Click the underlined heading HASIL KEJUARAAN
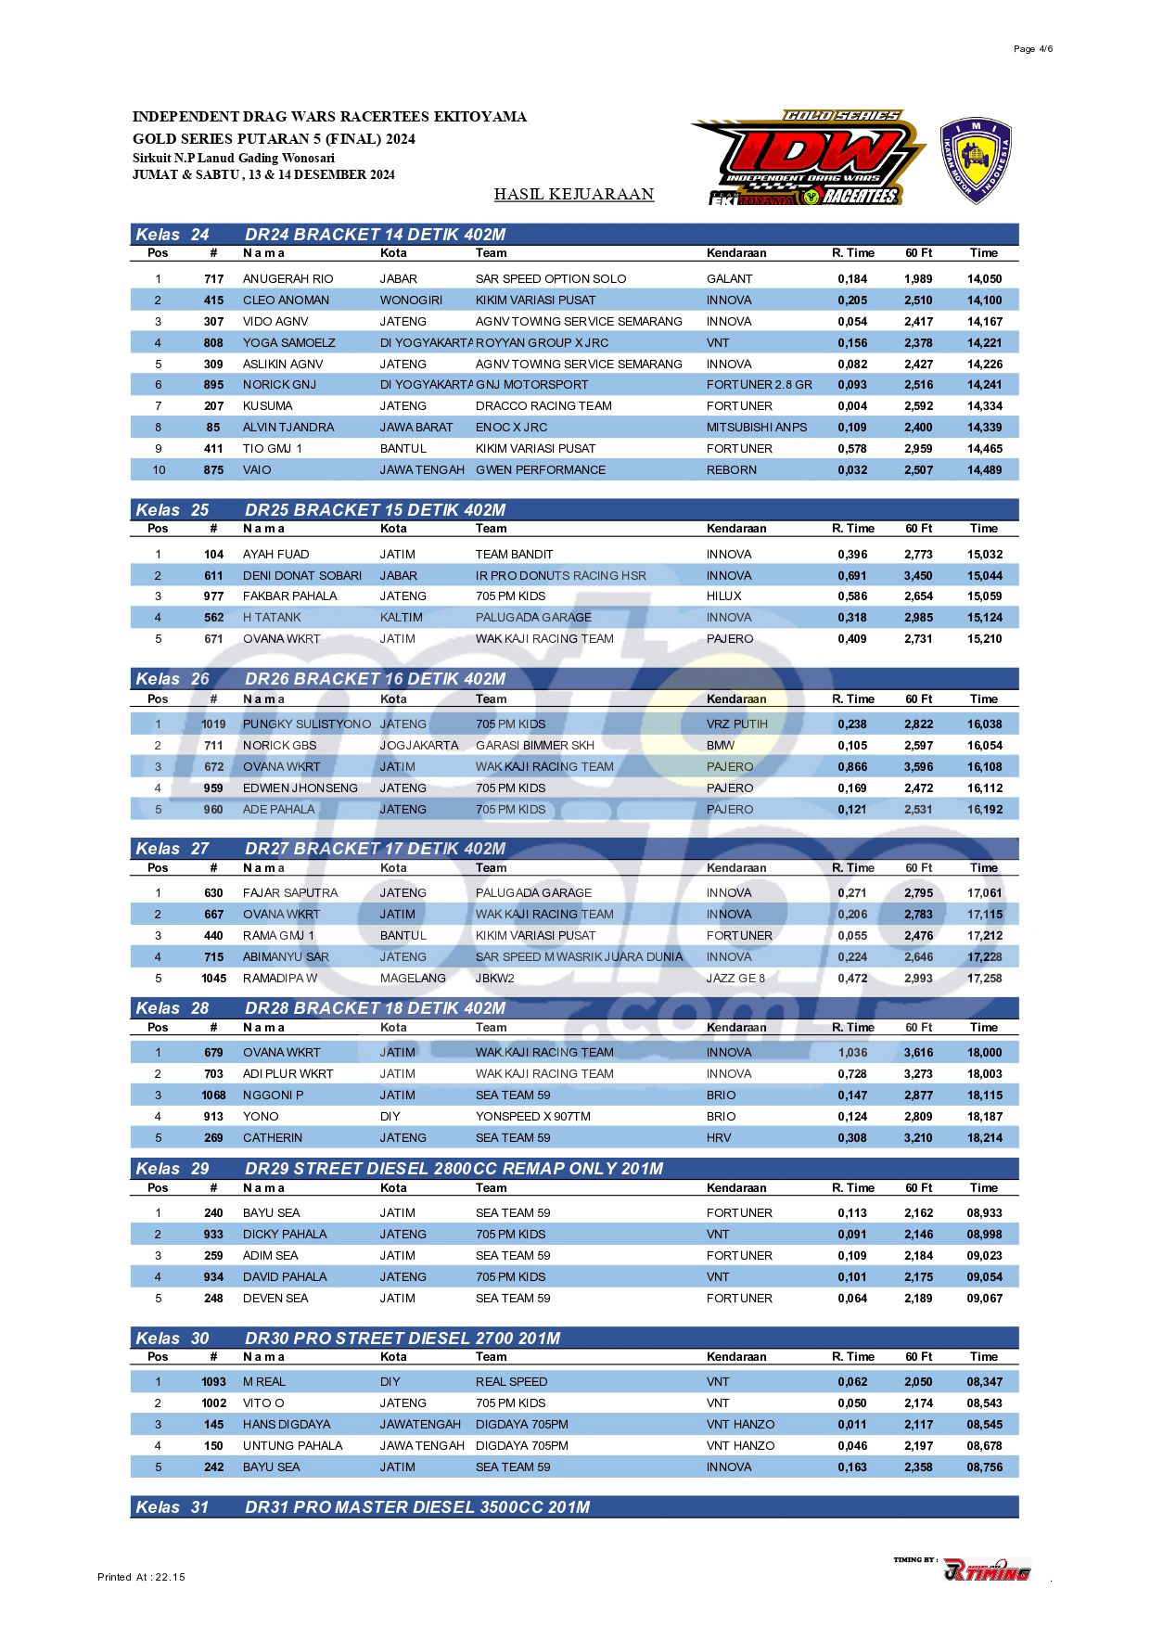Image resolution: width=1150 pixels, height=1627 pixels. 574,195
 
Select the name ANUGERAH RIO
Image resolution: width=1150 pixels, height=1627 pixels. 287,279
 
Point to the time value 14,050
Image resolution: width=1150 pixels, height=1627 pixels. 984,279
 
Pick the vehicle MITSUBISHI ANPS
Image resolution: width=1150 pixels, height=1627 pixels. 757,428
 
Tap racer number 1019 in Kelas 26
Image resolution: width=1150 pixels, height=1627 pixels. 213,724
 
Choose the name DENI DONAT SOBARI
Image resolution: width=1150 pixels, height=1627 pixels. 302,576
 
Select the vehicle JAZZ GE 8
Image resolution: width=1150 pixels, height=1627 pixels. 736,979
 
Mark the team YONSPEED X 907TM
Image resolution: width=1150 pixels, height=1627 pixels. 533,1117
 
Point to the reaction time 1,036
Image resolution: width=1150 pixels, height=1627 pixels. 852,1053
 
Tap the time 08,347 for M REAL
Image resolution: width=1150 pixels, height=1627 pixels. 984,1382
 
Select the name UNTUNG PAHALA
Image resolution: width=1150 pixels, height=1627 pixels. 292,1446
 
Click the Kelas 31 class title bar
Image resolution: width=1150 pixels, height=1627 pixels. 574,1507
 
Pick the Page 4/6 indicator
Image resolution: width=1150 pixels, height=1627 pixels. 1033,49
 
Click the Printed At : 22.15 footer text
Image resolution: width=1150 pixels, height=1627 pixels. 141,1577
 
